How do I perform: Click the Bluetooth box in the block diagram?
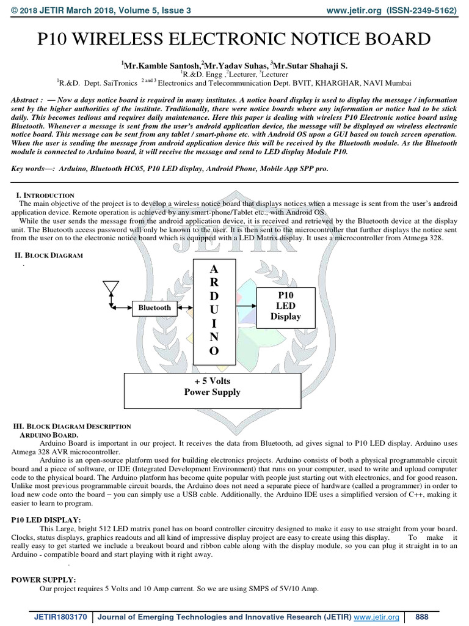(x=155, y=307)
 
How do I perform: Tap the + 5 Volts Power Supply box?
(x=213, y=386)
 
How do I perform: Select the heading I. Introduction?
(x=45, y=195)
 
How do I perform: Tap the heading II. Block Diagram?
(x=48, y=255)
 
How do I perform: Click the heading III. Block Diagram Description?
(x=72, y=426)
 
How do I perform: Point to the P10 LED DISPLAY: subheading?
(x=46, y=519)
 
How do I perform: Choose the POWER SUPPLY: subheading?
(x=44, y=579)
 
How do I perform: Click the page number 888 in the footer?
(x=422, y=617)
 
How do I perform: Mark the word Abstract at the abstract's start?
(x=27, y=100)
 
